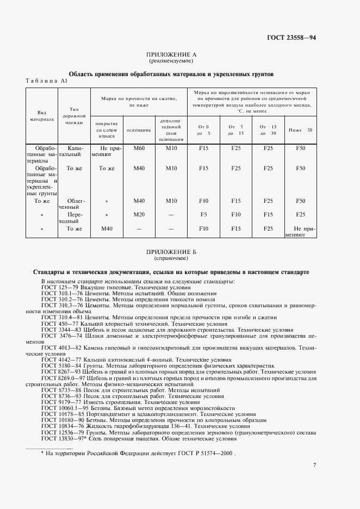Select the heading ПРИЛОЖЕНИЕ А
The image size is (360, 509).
tap(171, 55)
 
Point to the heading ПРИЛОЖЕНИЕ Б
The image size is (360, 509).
tap(171, 253)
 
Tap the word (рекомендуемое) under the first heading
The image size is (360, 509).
tap(171, 61)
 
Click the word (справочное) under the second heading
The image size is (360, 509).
tap(171, 259)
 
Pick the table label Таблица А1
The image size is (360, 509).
tap(47, 80)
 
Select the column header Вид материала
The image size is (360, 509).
tap(41, 115)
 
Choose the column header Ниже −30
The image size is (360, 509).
tap(300, 130)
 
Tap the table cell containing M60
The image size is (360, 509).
tap(139, 148)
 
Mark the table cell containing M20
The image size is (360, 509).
tap(139, 214)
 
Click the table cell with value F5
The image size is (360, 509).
tap(203, 214)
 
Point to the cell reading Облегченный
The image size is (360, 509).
tap(75, 204)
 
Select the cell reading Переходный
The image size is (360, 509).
tap(75, 218)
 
